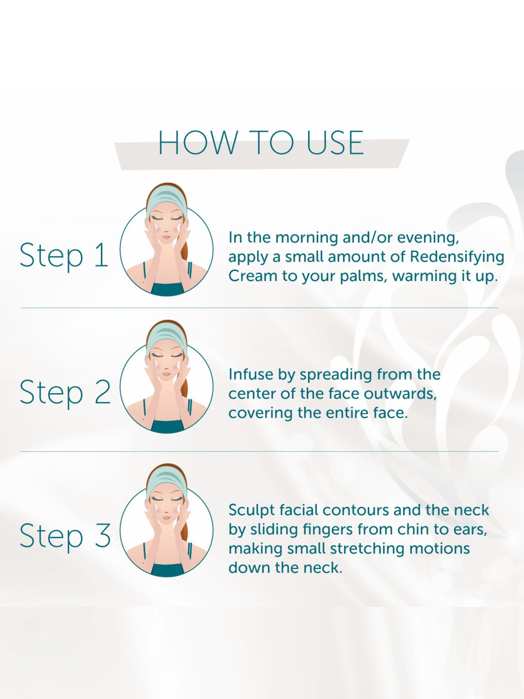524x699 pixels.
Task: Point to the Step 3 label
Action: tap(65, 537)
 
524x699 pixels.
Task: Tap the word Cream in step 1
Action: tap(253, 276)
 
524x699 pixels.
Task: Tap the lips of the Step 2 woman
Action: tap(166, 375)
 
